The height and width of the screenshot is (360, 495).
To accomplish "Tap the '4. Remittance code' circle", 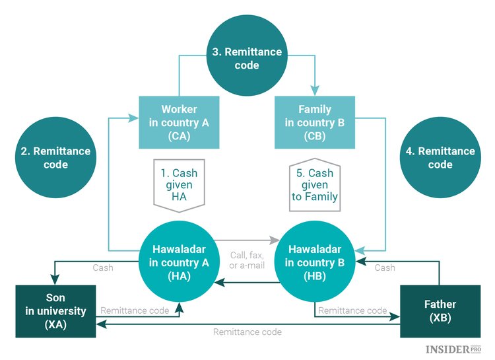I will [x=440, y=157].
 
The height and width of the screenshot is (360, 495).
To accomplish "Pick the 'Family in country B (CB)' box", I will [x=315, y=122].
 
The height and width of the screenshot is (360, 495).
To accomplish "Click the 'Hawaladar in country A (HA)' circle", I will [x=180, y=262].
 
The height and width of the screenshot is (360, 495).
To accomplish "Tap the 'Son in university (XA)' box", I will [x=56, y=311].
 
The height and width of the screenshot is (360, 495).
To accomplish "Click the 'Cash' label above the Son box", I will [x=102, y=268].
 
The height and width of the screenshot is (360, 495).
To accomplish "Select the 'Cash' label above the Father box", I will [x=385, y=268].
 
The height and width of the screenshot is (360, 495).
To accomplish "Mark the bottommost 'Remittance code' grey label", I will [x=247, y=332].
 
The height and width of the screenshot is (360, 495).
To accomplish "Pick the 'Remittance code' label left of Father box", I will [x=352, y=310].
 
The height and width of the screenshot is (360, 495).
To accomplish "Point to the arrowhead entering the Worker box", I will [x=135, y=118].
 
